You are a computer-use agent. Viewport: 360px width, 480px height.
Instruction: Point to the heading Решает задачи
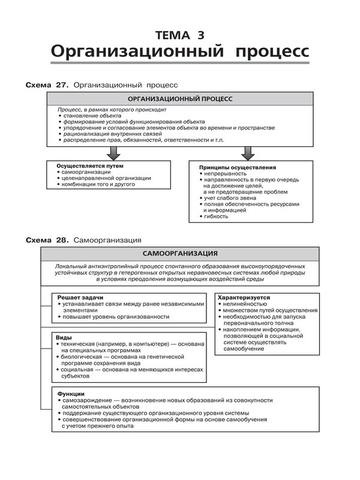pyautogui.click(x=80, y=297)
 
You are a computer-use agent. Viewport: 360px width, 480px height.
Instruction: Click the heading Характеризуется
pyautogui.click(x=244, y=297)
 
